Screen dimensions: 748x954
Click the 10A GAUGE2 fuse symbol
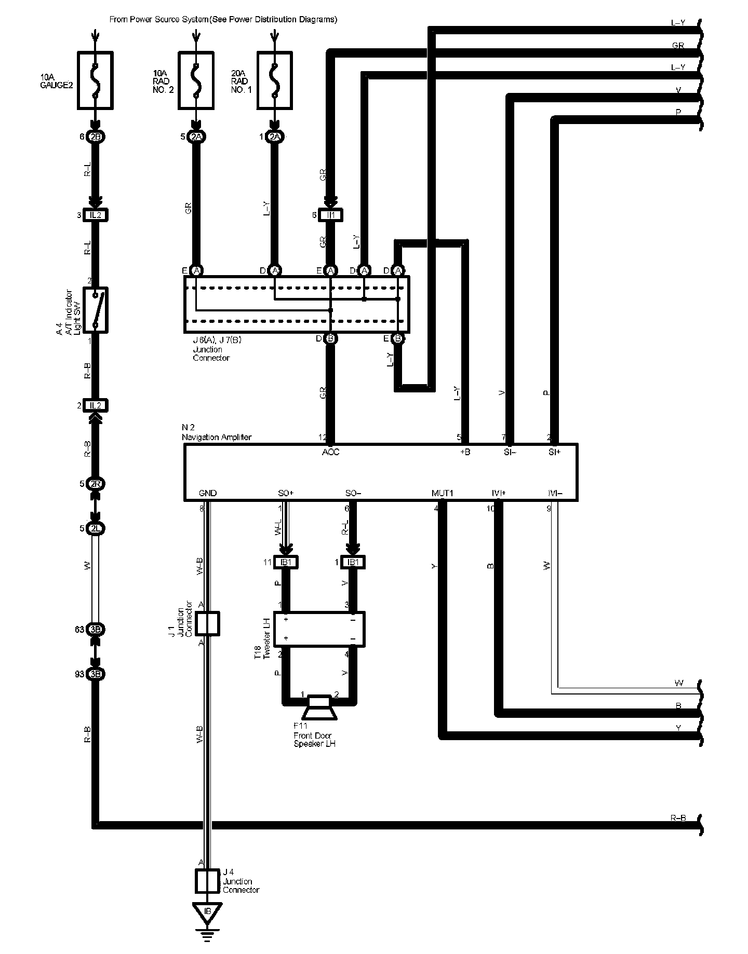[x=95, y=80]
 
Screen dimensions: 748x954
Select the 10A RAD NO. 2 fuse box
[x=196, y=80]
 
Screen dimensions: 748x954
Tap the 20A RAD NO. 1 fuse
[x=274, y=80]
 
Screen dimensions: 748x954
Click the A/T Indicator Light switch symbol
[x=96, y=309]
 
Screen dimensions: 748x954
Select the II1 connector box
[x=331, y=215]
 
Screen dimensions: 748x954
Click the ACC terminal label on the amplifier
[x=330, y=452]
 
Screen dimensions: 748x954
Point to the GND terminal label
[x=208, y=493]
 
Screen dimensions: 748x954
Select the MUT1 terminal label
[x=442, y=493]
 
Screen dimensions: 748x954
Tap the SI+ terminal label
[x=554, y=452]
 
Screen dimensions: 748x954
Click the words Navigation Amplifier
[x=217, y=437]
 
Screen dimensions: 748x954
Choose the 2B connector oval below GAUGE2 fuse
[x=96, y=137]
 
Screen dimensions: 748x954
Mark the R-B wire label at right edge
[x=678, y=819]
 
